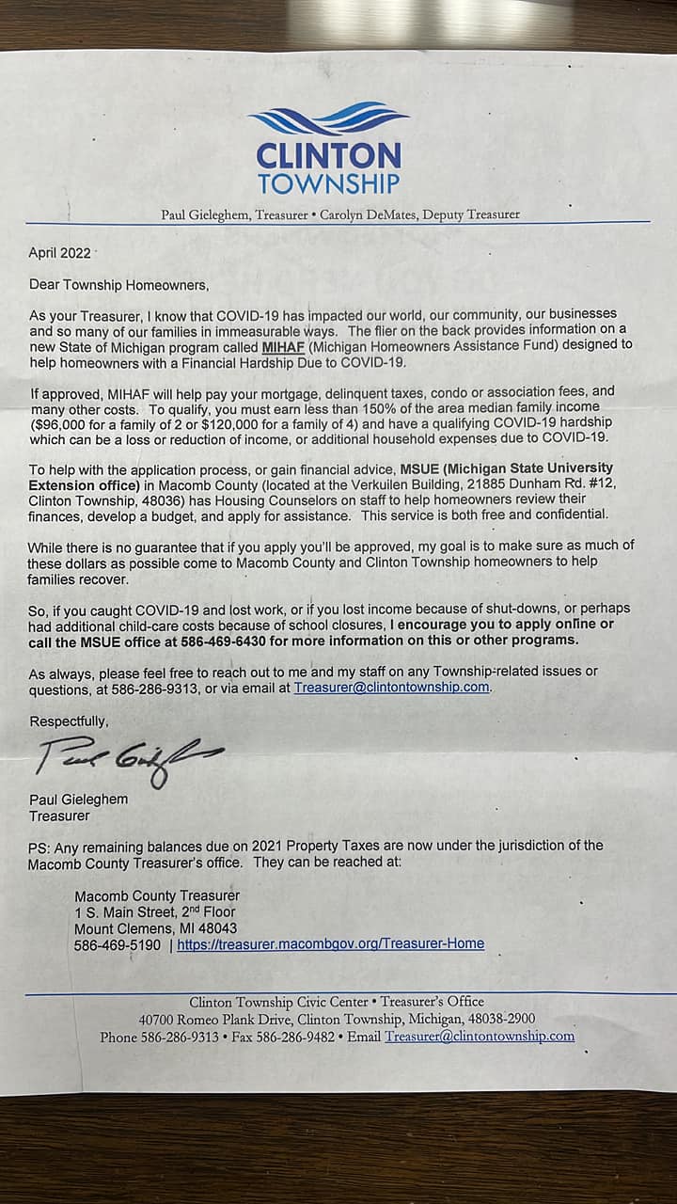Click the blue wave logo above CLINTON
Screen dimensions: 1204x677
pyautogui.click(x=328, y=119)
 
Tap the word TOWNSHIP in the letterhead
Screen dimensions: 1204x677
pyautogui.click(x=328, y=182)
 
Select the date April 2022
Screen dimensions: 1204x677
pyautogui.click(x=59, y=253)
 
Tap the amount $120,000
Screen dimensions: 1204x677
pyautogui.click(x=245, y=422)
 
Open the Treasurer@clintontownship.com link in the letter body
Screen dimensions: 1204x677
pyautogui.click(x=391, y=687)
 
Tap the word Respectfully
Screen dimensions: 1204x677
pyautogui.click(x=69, y=721)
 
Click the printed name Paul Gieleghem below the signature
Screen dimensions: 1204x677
pyautogui.click(x=79, y=800)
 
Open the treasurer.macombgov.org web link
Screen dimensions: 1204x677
pyautogui.click(x=330, y=943)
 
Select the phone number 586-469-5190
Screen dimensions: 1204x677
pyautogui.click(x=118, y=943)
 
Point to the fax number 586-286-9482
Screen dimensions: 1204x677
pyautogui.click(x=296, y=1037)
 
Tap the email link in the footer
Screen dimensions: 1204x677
pyautogui.click(x=479, y=1037)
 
